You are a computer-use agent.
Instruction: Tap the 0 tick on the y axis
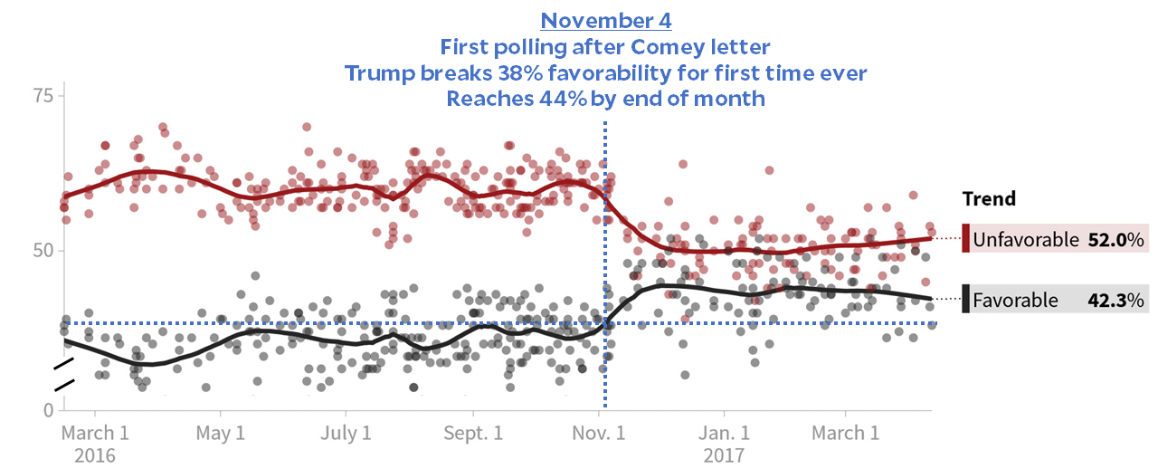pos(49,410)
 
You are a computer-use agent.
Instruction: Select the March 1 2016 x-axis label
pos(94,443)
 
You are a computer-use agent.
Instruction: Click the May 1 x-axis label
pos(222,433)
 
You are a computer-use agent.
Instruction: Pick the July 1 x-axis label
pos(346,433)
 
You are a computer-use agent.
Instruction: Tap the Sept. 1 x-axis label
pos(474,433)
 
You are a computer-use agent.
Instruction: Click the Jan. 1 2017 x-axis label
pos(725,443)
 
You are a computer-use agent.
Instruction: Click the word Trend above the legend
pos(989,199)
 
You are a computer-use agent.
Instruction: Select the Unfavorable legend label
pos(1026,240)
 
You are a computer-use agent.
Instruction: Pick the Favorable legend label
pos(1015,300)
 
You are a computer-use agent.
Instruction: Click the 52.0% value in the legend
pos(1116,240)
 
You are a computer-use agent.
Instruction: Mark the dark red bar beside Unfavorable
pos(966,239)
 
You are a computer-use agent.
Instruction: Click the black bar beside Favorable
pos(966,299)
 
